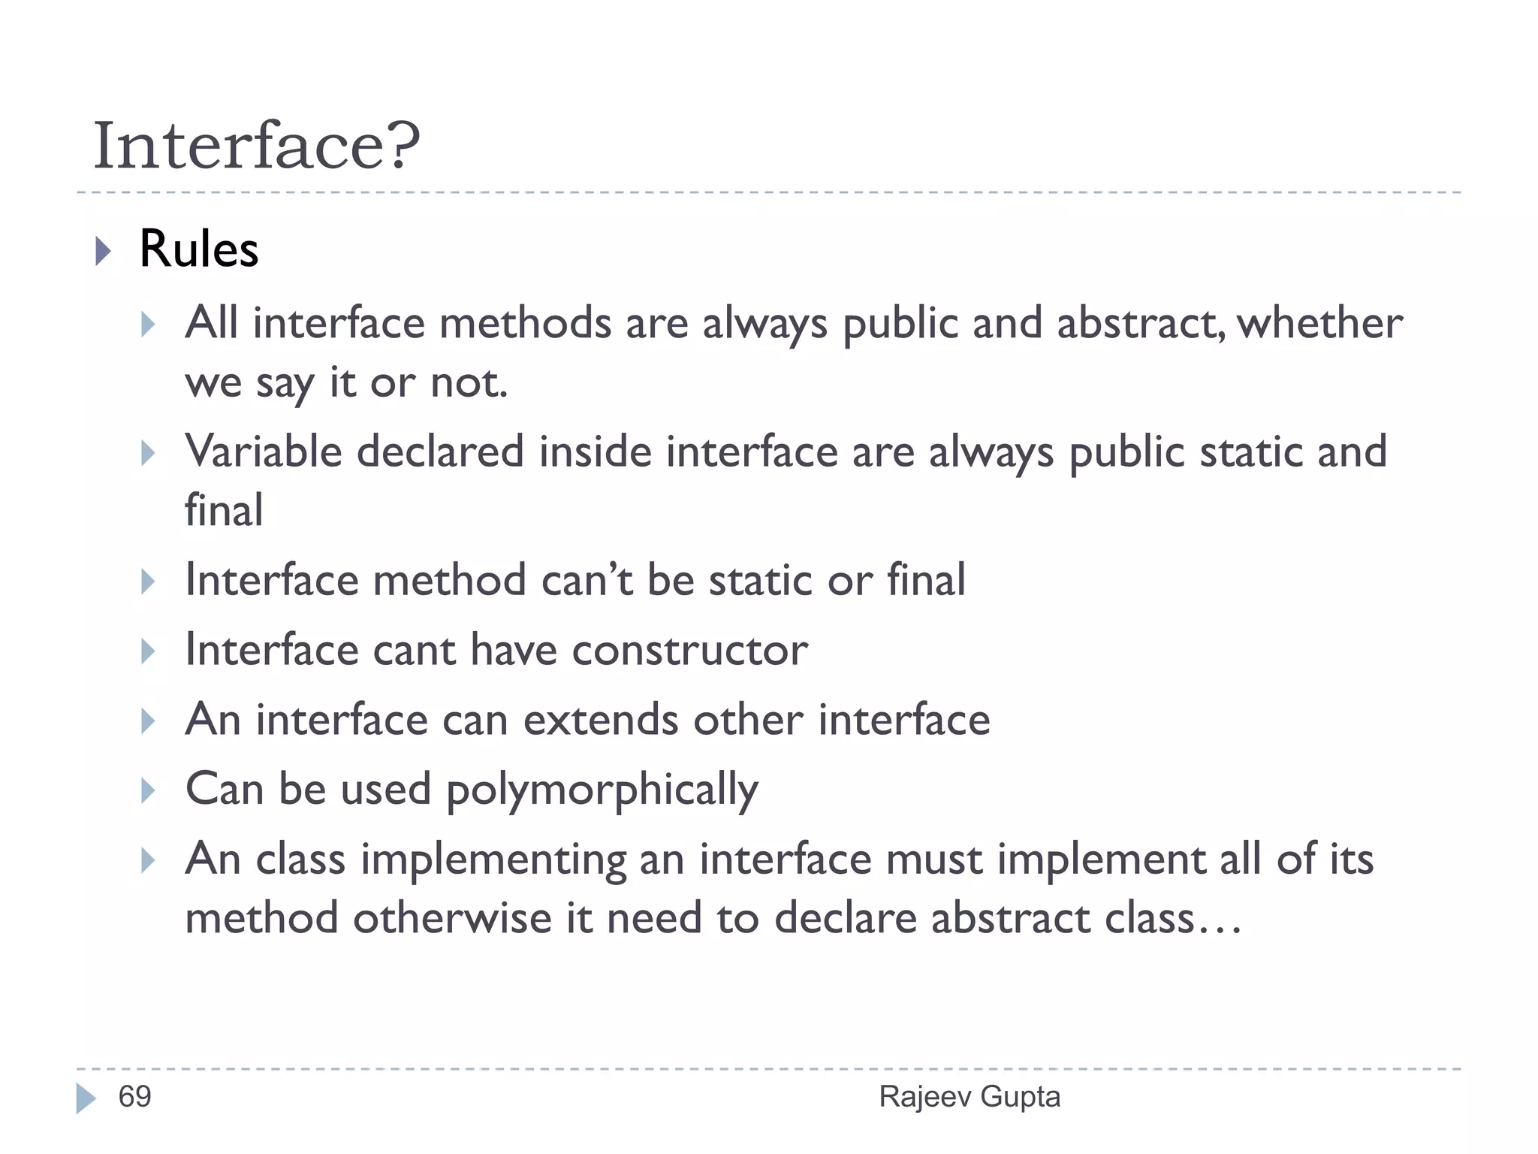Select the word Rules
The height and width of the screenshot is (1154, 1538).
click(x=199, y=249)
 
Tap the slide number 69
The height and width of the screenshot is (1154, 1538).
click(x=135, y=1097)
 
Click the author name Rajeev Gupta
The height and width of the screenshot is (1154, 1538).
click(x=970, y=1097)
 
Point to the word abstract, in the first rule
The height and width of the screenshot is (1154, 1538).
click(x=1141, y=324)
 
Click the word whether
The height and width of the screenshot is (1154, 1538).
click(x=1319, y=324)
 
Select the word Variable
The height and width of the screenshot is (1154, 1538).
click(x=263, y=452)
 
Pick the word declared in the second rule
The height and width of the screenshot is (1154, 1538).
click(x=440, y=452)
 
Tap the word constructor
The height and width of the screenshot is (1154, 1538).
click(x=689, y=650)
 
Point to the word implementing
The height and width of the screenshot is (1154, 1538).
click(x=493, y=860)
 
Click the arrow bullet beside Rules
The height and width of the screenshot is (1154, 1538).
click(x=104, y=251)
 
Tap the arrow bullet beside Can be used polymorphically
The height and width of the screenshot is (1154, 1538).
click(x=148, y=790)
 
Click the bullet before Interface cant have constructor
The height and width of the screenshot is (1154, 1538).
click(x=148, y=651)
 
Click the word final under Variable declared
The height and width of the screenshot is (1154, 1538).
click(x=224, y=511)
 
